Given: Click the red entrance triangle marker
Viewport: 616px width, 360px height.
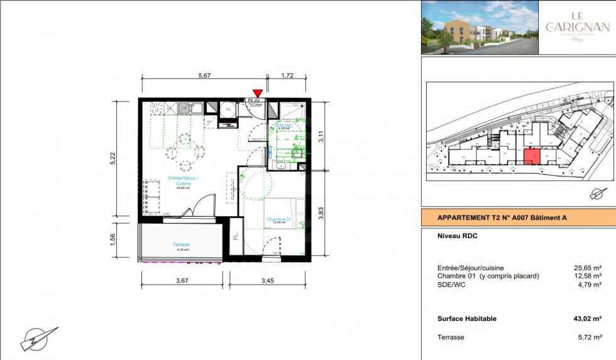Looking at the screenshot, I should coord(257,93).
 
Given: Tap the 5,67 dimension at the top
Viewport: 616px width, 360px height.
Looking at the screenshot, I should coord(204,75).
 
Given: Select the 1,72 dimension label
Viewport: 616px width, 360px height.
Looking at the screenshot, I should coord(287,75).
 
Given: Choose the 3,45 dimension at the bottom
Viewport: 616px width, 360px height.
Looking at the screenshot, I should coord(268,281).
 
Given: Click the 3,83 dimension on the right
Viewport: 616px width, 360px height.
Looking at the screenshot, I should coord(321,212).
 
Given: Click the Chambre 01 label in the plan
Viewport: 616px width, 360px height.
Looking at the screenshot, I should coord(278,220).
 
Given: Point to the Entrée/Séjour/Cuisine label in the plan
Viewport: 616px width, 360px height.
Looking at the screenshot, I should coord(184,181).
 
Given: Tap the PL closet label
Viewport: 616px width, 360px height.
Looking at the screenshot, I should coord(236,237).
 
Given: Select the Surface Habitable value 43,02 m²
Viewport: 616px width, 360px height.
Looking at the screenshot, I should coord(588,319).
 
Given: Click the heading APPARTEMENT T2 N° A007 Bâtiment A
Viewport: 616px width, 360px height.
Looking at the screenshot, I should coord(502,218).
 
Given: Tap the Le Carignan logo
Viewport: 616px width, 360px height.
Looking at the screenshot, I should coord(578,27).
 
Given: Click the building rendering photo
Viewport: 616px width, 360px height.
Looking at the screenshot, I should coord(480,27).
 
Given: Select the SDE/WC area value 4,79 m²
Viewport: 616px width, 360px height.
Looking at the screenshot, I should coord(589,285).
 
